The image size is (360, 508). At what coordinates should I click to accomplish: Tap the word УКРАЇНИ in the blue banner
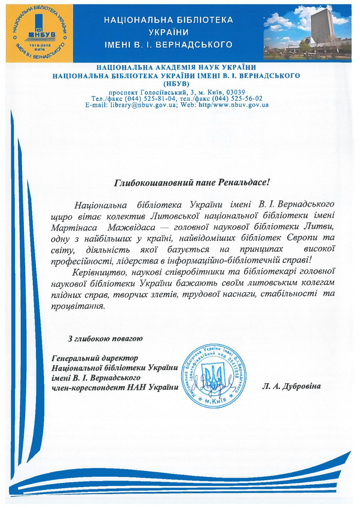click(169, 32)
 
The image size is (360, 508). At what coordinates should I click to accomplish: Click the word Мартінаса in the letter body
click(74, 228)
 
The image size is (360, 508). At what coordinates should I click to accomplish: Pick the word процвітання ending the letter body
click(78, 306)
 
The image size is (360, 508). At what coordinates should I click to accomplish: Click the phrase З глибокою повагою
click(105, 339)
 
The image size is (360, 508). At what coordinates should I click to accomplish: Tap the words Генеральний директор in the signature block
click(95, 358)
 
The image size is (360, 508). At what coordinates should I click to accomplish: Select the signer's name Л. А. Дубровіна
click(291, 387)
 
